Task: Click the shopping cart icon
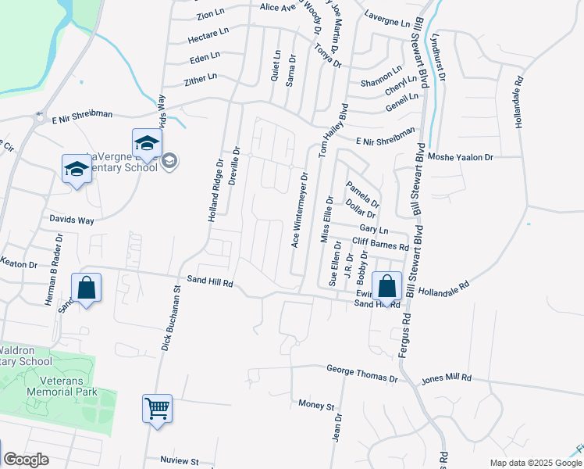[x=157, y=407]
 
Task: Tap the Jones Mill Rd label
[x=447, y=378]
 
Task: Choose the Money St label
[x=316, y=406]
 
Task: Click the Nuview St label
[x=180, y=460]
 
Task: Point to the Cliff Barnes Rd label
[x=380, y=245]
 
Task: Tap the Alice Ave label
[x=278, y=7]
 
